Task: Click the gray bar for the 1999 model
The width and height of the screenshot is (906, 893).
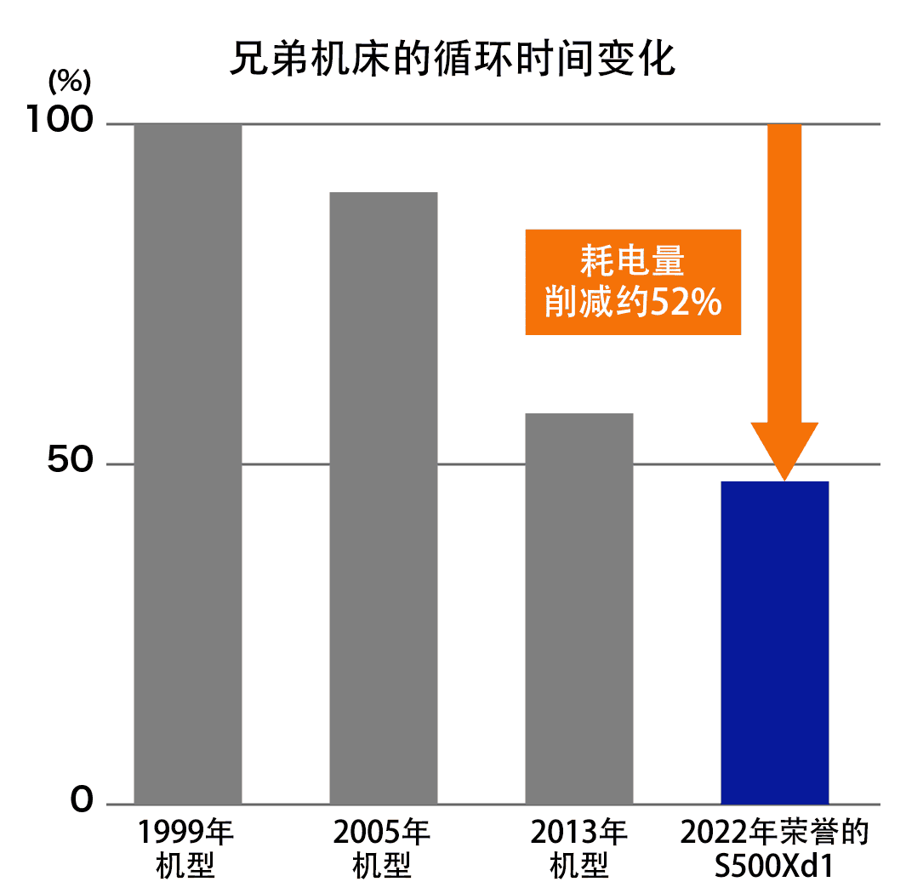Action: coord(188,464)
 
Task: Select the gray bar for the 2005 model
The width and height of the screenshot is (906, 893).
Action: coord(384,498)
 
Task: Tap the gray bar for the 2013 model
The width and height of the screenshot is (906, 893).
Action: coord(579,608)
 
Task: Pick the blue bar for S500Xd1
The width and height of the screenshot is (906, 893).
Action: coord(775,642)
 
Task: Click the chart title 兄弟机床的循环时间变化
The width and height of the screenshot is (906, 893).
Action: coord(453,60)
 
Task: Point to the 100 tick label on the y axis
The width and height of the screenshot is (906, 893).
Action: coord(59,121)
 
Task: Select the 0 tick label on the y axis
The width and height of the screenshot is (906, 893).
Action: coord(82,800)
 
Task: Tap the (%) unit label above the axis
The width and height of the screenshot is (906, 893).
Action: coord(69,82)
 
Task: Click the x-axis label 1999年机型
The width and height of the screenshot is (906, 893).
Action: coord(186,849)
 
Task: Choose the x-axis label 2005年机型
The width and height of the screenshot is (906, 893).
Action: coord(382,849)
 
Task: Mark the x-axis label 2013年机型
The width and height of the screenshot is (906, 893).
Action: coord(579,849)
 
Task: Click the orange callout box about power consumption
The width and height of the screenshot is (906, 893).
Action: coord(633,282)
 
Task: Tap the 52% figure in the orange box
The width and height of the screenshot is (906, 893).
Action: coord(687,301)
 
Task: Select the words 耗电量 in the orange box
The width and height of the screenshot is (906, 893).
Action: coord(633,261)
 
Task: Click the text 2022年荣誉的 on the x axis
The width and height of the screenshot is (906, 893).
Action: coord(774,832)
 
